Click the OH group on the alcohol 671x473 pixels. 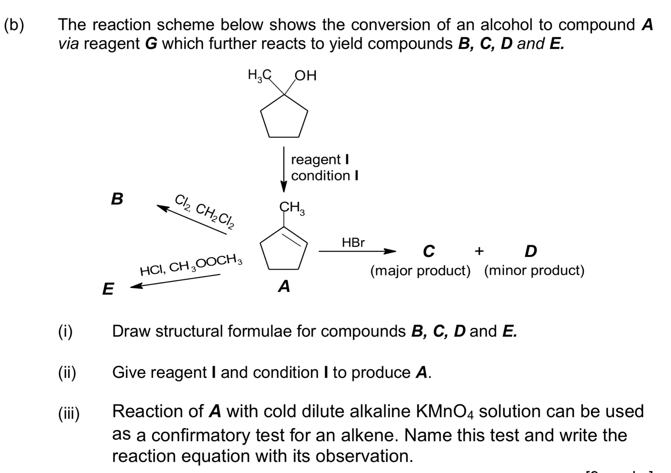306,75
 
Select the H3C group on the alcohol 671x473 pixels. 259,75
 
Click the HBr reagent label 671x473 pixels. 353,243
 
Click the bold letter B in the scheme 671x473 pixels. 117,199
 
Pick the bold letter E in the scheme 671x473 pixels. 108,289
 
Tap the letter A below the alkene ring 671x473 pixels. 284,286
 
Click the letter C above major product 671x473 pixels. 428,251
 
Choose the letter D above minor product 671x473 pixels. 531,251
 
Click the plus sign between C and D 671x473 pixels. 479,251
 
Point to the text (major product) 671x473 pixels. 420,270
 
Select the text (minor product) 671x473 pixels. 534,270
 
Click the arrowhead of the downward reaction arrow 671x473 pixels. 284,187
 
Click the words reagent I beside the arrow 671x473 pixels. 320,160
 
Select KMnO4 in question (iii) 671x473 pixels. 445,412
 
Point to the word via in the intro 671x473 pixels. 68,44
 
